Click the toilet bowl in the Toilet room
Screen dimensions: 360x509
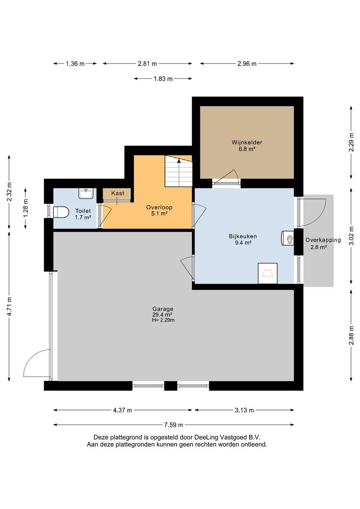click(60, 212)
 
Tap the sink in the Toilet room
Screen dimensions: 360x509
click(86, 194)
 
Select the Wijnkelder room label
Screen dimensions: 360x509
click(247, 142)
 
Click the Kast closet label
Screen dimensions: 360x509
click(117, 193)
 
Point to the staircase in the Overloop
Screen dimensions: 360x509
click(178, 171)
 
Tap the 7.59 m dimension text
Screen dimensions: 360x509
click(173, 425)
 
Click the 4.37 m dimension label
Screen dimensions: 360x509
click(123, 410)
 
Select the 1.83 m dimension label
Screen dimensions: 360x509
click(163, 79)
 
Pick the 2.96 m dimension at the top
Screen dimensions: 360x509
click(247, 64)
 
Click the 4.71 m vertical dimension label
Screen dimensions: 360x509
click(9, 306)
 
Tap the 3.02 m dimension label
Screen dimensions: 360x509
click(351, 236)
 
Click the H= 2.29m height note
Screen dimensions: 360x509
click(163, 320)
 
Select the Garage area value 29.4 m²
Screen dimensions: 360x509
click(162, 314)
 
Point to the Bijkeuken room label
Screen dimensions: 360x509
click(243, 236)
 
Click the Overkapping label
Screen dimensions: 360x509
click(323, 240)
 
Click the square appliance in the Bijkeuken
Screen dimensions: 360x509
click(268, 273)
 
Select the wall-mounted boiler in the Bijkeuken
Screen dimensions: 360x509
click(287, 238)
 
